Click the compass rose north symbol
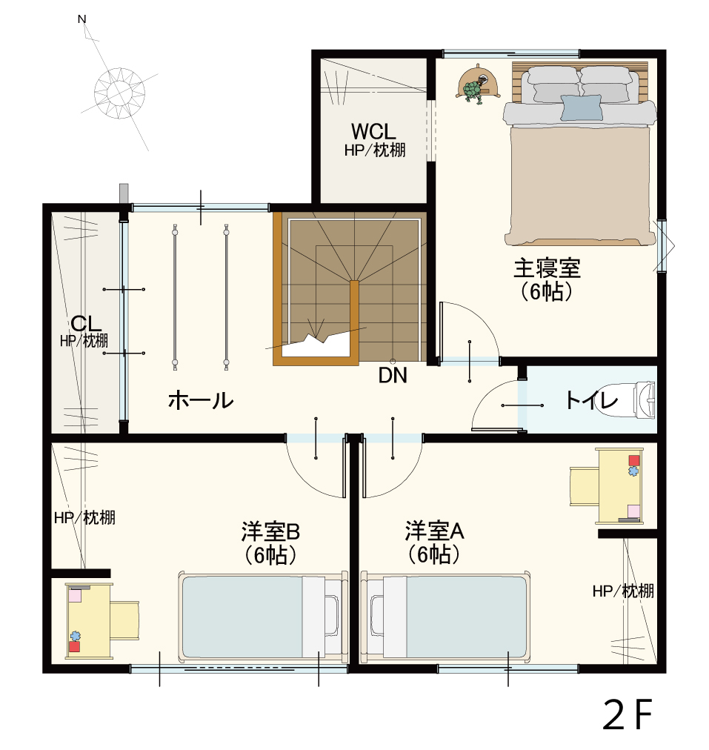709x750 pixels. pos(118,90)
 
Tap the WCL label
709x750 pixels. pos(373,132)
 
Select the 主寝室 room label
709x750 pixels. pos(547,268)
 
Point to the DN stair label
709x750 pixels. pos(393,376)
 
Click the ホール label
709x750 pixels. pos(201,401)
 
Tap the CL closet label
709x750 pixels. pos(86,325)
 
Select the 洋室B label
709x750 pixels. pos(270,531)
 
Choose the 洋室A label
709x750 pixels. pos(434,531)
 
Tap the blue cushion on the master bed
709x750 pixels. pos(581,107)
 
